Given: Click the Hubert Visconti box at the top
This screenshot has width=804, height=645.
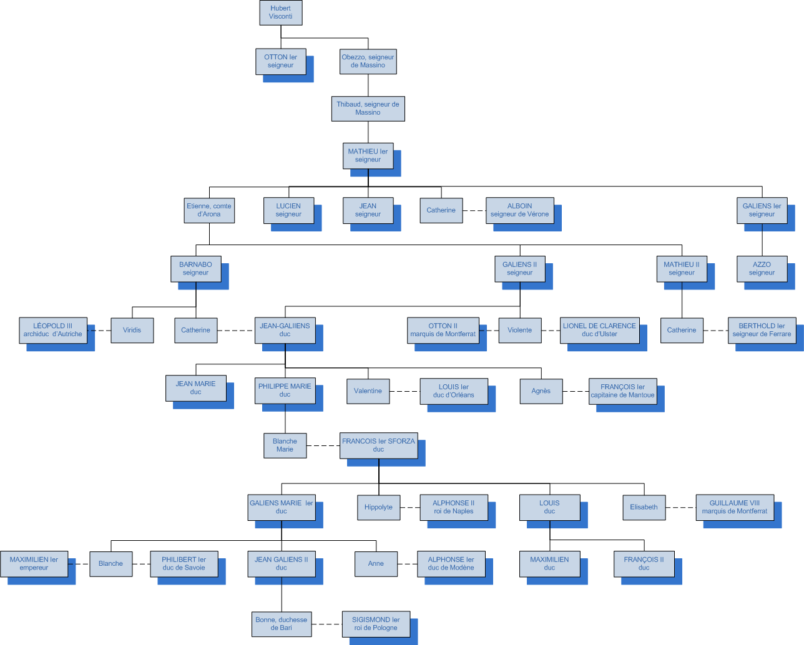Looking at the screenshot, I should [x=280, y=12].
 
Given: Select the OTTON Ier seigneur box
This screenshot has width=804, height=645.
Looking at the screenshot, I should [x=280, y=61].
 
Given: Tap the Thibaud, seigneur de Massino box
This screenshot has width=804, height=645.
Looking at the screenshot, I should [x=368, y=109].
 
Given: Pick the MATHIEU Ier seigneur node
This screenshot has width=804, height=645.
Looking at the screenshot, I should [x=368, y=155].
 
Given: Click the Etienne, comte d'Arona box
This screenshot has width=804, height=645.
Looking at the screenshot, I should [x=209, y=210].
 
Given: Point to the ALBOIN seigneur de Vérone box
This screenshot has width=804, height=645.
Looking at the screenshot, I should [x=519, y=210].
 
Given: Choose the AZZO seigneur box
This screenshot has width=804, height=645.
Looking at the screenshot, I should [x=762, y=269].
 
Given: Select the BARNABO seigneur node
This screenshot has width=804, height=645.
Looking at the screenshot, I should [x=195, y=269].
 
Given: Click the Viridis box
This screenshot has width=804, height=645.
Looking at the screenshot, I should [x=132, y=330].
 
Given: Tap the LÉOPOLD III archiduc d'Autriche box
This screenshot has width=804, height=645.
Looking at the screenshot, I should [x=53, y=330].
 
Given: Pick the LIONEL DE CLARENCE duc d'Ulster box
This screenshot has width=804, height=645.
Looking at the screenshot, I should [x=599, y=330].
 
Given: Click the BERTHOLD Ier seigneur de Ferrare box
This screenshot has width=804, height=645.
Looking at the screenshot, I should [x=762, y=330].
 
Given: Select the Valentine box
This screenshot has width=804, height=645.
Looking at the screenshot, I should [x=368, y=391].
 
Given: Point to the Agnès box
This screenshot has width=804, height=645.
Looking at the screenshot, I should [x=541, y=391].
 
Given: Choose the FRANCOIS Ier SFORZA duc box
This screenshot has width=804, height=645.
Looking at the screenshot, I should [x=378, y=445].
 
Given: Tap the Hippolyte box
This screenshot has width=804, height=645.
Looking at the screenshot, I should [x=378, y=507].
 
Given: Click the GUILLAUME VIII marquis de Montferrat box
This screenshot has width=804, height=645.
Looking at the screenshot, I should [x=735, y=507].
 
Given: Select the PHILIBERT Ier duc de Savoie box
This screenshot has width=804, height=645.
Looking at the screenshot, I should [x=184, y=564].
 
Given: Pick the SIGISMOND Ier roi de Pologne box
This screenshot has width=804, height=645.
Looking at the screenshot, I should [x=376, y=624].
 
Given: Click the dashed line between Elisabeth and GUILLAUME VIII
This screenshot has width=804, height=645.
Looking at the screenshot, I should [x=681, y=507].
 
